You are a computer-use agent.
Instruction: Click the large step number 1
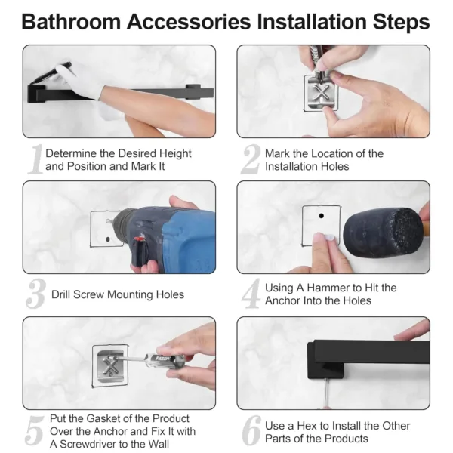click(x=35, y=160)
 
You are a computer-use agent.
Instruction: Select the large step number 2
click(x=251, y=160)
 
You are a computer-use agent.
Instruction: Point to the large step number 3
click(x=35, y=294)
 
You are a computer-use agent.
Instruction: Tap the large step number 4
click(x=251, y=294)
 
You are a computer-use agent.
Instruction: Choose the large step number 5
click(x=35, y=430)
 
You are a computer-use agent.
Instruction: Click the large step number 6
click(x=251, y=430)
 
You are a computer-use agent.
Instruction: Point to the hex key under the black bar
click(x=325, y=393)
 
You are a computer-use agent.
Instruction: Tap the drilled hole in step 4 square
click(x=319, y=214)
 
